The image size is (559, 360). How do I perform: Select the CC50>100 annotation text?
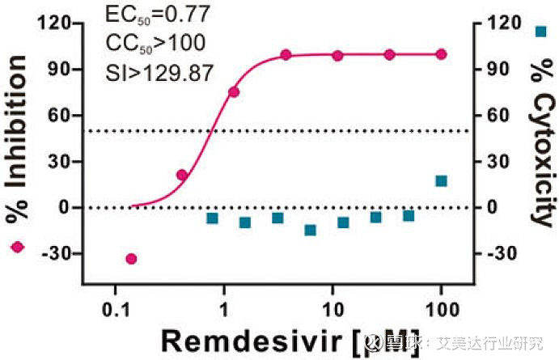point(155,42)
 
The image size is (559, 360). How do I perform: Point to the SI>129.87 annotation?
point(159,72)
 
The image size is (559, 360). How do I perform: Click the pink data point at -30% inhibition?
point(131,259)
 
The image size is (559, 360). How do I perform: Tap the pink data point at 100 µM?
point(441,54)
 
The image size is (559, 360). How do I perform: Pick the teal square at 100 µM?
point(441,180)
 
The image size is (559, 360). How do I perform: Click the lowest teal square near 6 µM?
point(310,230)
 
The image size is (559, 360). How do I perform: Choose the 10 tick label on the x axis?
point(332,308)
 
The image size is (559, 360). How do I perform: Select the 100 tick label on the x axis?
point(441,308)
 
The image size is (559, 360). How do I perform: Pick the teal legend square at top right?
point(541,32)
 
